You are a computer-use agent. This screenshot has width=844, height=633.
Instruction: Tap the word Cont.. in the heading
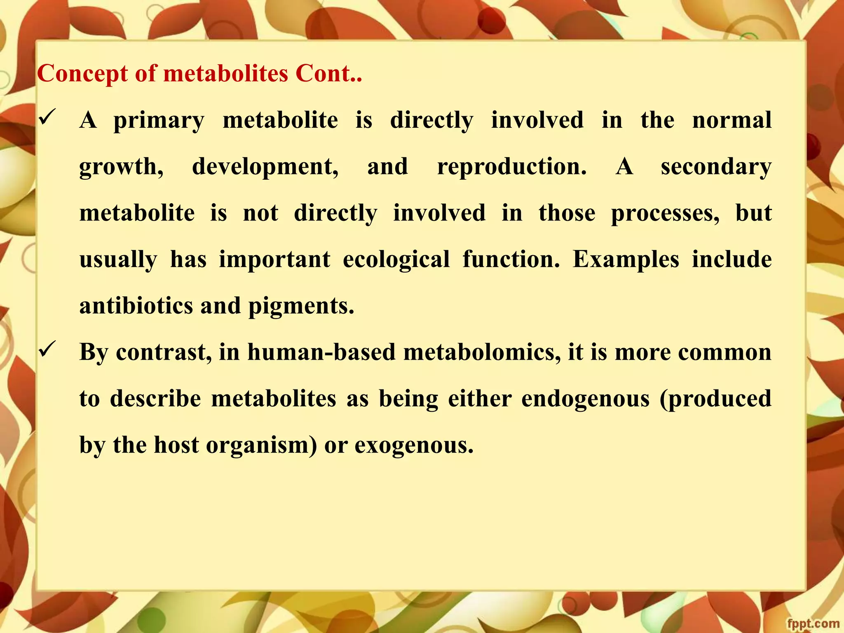point(328,74)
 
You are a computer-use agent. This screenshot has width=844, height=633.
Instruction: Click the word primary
point(159,121)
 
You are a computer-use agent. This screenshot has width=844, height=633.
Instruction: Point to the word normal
point(731,120)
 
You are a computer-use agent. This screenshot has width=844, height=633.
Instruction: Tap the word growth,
point(121,167)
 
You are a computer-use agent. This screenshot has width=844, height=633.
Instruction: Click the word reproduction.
point(511,167)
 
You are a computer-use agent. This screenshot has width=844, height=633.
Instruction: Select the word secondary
point(716,167)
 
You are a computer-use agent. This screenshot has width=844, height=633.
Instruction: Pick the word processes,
point(665,214)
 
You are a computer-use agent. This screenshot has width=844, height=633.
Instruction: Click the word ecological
point(396,260)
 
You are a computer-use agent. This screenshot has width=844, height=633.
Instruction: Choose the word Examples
point(626,260)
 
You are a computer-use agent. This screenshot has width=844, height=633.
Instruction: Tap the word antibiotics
point(136,306)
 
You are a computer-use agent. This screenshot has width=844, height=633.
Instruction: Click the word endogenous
point(585,399)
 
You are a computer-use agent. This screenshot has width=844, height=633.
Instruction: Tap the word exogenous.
point(414,446)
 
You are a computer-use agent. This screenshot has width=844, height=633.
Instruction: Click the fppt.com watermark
point(813,624)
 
